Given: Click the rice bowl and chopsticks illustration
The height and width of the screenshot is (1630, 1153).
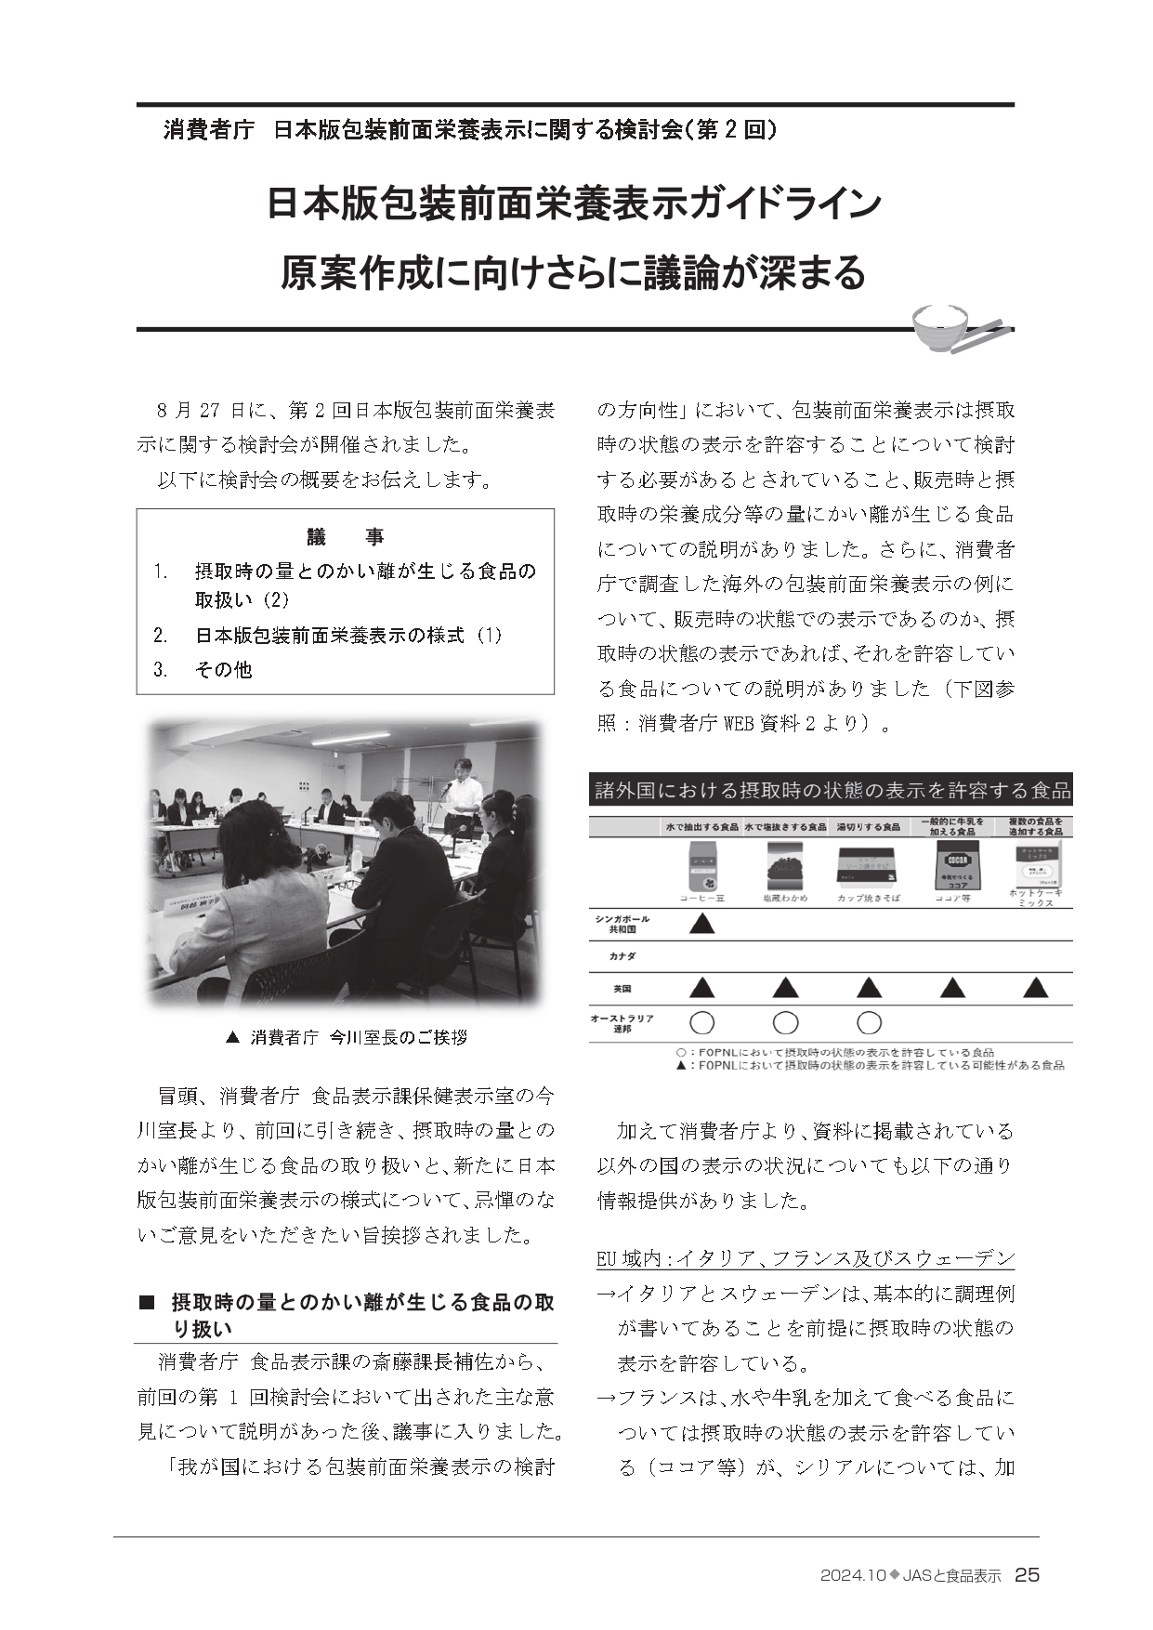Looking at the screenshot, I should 956,330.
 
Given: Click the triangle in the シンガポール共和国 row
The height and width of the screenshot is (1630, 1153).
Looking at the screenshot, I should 702,924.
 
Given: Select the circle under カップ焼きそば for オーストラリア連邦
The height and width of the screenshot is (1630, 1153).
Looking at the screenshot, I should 869,1023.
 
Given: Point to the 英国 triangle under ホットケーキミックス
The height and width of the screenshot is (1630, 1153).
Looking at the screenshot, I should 1035,987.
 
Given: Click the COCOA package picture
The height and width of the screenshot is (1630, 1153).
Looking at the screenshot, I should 950,865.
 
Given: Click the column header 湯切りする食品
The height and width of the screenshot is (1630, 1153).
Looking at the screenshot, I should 868,826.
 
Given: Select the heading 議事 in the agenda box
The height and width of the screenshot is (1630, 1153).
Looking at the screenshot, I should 345,536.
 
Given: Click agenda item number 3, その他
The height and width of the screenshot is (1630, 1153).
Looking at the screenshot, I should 223,669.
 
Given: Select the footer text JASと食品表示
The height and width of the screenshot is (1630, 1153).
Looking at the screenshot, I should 951,1576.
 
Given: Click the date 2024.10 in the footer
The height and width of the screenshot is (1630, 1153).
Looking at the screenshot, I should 852,1576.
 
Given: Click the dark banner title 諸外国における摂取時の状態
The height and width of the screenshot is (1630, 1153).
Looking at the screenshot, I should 832,791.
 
